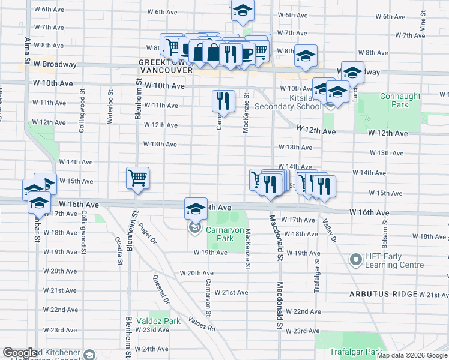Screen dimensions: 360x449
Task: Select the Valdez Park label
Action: point(158,321)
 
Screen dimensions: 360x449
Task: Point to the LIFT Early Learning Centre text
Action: point(399,260)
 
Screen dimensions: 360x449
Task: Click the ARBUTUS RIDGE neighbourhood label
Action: point(384,294)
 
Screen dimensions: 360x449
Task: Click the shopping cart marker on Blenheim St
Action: point(137,178)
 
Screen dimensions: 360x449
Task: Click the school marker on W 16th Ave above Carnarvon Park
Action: point(196,209)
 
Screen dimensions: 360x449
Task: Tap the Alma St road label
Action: point(28,50)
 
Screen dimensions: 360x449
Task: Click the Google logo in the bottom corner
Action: point(19,353)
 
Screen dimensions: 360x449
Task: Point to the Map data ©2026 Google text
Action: point(412,355)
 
